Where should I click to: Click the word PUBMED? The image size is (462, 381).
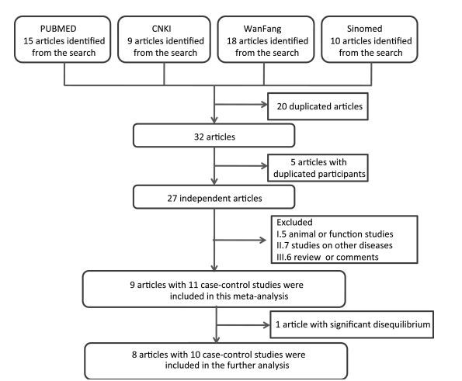(x=58, y=29)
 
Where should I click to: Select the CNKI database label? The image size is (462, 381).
(x=162, y=29)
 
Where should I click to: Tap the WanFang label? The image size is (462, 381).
(x=262, y=29)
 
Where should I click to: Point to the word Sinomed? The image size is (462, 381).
(x=364, y=29)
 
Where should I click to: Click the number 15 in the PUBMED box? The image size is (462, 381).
(x=28, y=41)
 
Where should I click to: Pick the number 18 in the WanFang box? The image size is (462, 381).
(x=231, y=41)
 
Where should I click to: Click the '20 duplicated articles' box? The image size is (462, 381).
(x=318, y=106)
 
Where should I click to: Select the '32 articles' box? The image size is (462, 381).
(x=214, y=136)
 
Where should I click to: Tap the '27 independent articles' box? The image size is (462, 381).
(x=214, y=197)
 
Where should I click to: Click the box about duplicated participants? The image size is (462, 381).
(x=318, y=168)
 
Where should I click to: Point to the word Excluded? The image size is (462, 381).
(x=294, y=222)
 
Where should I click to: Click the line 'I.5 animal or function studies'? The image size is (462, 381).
(x=335, y=234)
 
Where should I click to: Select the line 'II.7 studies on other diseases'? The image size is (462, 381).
(x=335, y=245)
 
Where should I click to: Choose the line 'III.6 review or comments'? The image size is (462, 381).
(x=328, y=257)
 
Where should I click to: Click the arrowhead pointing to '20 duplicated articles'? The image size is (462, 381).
(x=264, y=104)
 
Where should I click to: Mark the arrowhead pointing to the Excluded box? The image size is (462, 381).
(x=262, y=240)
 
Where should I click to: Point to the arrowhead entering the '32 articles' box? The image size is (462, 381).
(x=214, y=120)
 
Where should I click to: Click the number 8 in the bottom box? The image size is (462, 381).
(x=134, y=354)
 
